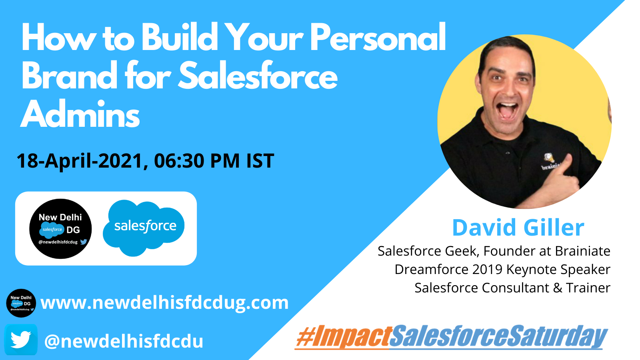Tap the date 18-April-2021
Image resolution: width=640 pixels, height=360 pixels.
pos(80,161)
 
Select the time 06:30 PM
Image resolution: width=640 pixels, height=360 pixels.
pos(197,160)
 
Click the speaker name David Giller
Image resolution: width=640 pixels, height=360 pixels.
pos(518,228)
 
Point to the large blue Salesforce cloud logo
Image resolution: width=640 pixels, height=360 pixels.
pos(144,228)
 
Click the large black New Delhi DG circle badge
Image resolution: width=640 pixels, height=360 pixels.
pos(60,228)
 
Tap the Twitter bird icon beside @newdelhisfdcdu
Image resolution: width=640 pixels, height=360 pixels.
pos(21,340)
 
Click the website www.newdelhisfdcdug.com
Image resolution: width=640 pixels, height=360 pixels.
pos(164,302)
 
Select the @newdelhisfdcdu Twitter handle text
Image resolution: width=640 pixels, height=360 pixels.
pos(124,341)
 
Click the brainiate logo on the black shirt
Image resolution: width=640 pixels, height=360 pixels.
pos(550,162)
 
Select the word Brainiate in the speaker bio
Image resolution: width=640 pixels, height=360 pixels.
pos(582,251)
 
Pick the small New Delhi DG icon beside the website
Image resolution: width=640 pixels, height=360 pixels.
pos(21,303)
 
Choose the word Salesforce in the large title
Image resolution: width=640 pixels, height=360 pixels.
pos(258,75)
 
